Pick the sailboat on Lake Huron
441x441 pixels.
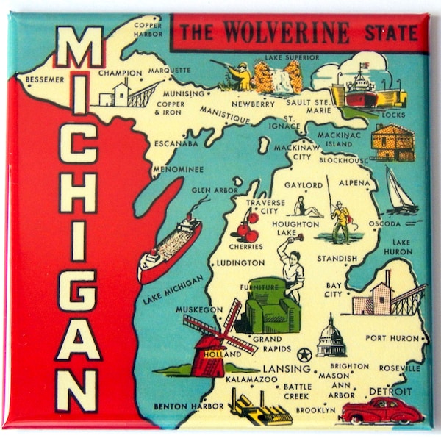coord(400,192)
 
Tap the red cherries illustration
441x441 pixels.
coord(247,227)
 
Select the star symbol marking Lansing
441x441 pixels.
coord(301,353)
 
